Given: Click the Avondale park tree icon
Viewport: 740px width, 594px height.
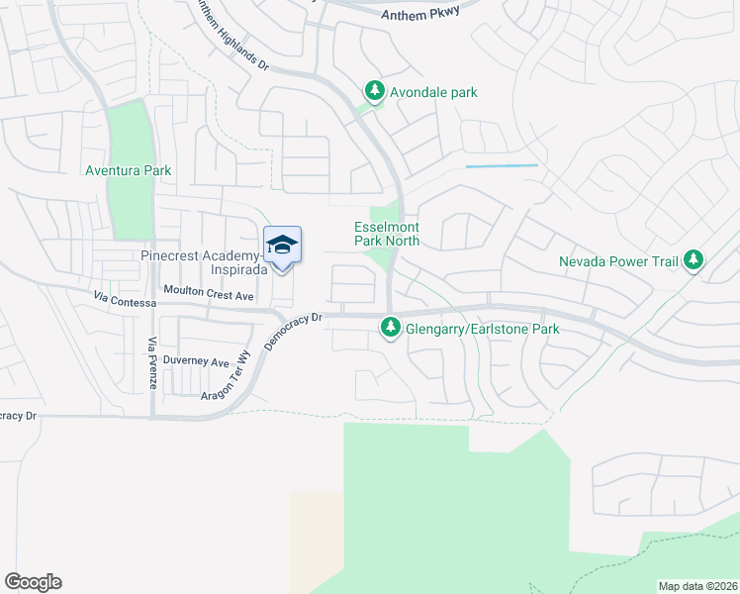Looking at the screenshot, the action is click(375, 92).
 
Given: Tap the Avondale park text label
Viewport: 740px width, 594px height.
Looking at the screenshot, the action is click(434, 93).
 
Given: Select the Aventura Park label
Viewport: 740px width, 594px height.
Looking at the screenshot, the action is click(129, 170).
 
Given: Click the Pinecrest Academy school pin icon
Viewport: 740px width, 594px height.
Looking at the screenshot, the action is click(282, 246).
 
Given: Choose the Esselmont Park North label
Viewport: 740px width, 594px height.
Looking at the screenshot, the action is click(387, 234).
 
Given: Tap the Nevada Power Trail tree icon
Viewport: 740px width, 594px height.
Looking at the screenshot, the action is click(694, 260).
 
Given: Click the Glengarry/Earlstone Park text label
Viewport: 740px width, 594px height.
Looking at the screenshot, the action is click(483, 330).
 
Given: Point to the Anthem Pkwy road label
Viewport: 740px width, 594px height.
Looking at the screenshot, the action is click(419, 15).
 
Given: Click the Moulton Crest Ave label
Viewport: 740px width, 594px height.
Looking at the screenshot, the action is click(210, 295).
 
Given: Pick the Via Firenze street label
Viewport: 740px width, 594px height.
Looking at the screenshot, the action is click(152, 363).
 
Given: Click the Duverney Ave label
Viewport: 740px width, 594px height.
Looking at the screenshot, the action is click(196, 361).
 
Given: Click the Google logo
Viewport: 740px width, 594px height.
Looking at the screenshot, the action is click(33, 582).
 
